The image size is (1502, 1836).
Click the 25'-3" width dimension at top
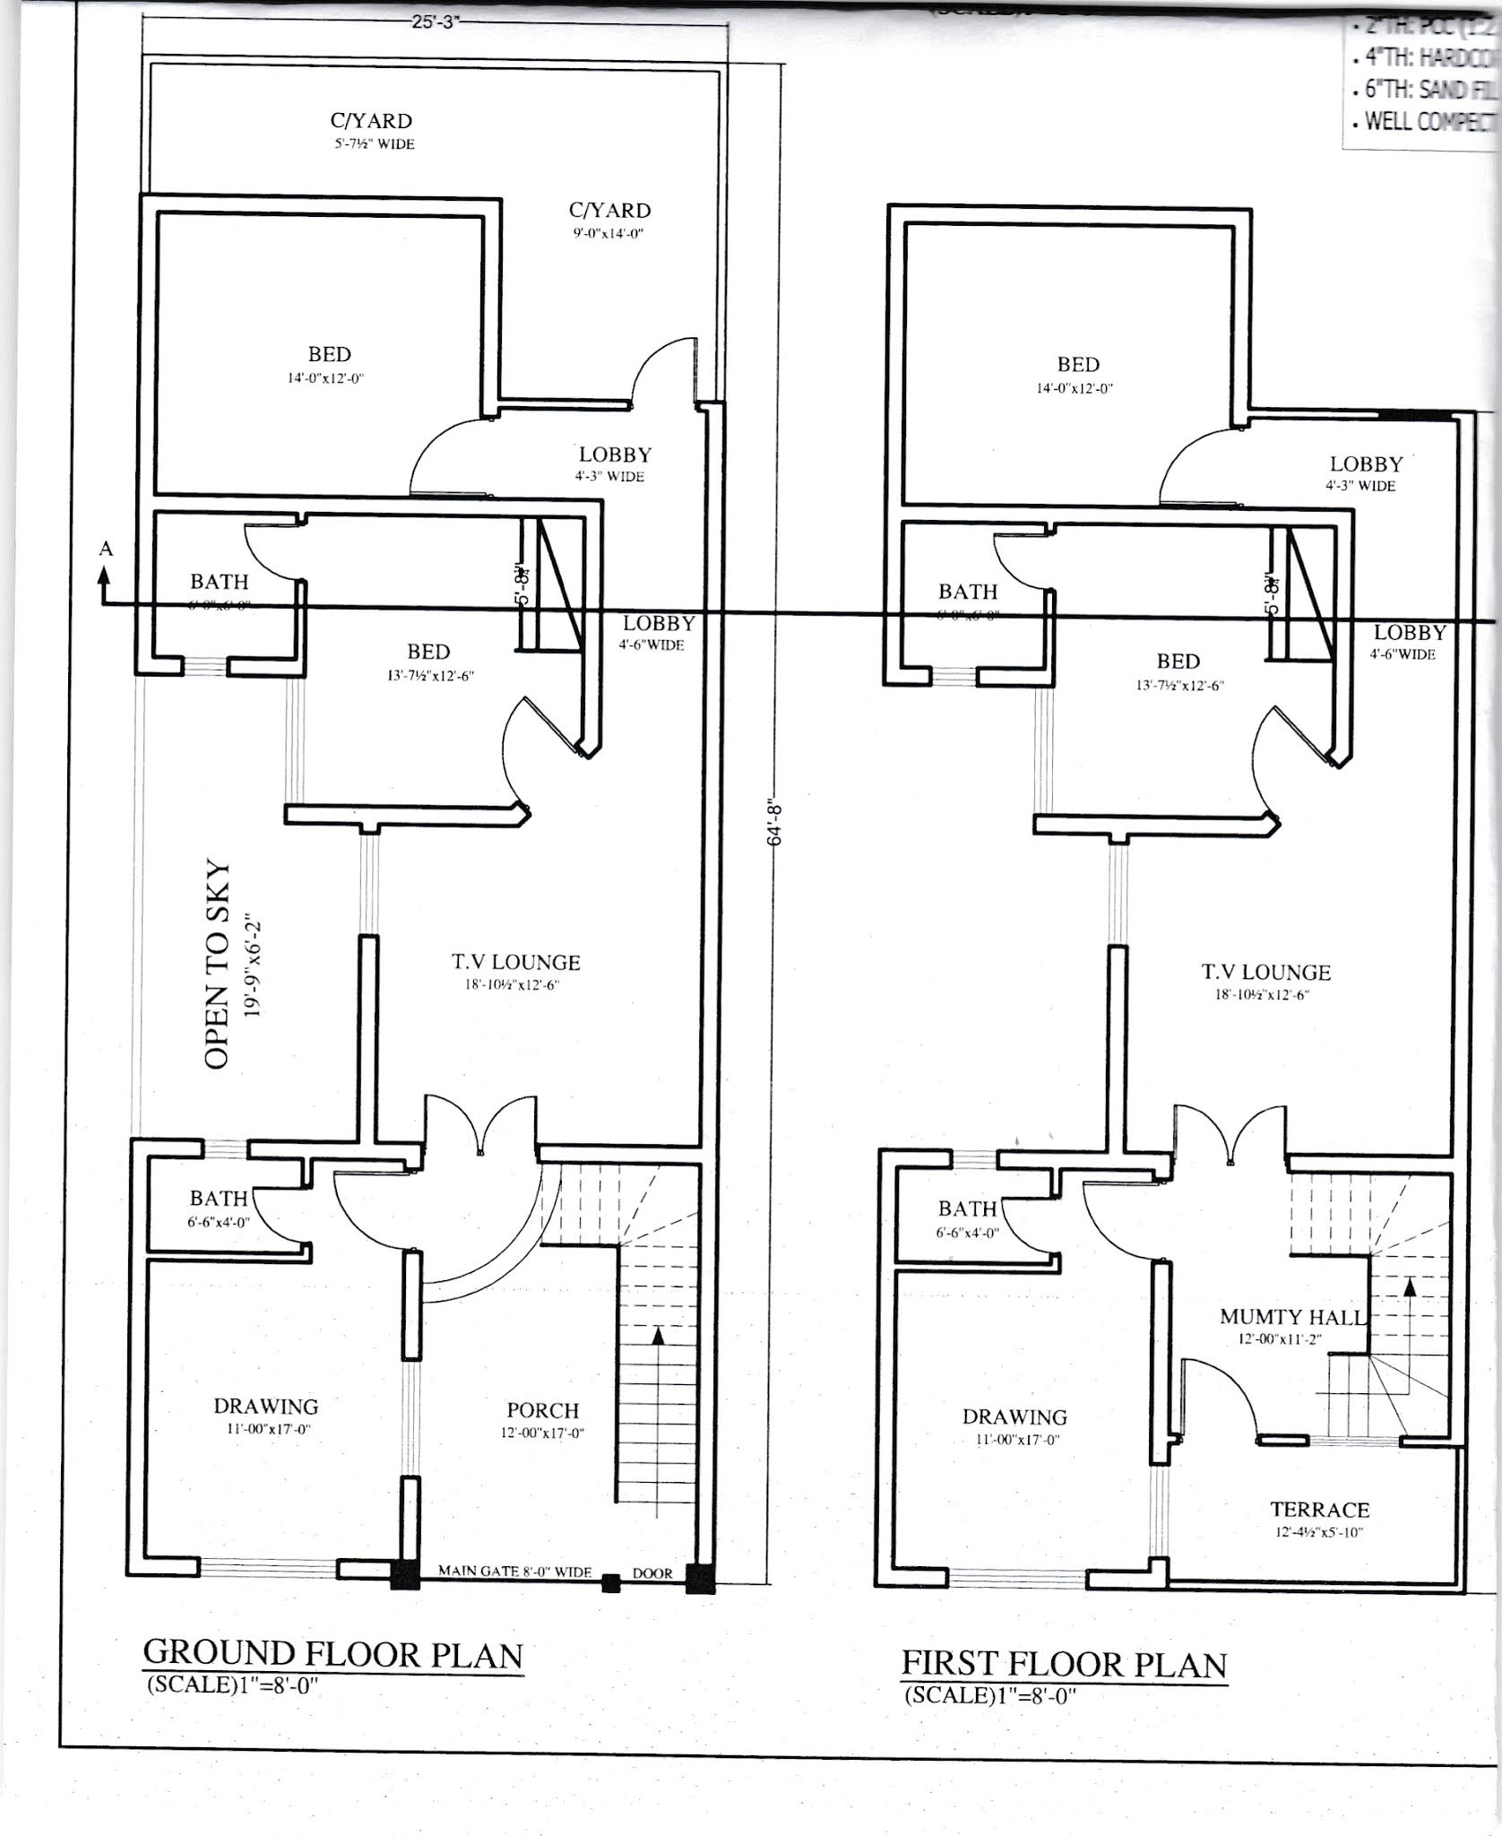(435, 22)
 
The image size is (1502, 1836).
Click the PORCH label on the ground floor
(542, 1411)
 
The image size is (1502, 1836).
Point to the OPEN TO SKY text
(218, 966)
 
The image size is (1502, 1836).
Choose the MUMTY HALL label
(1291, 1317)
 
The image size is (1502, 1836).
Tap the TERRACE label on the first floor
(1319, 1510)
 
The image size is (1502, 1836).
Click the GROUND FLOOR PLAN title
(333, 1652)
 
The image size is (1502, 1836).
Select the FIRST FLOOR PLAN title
(1064, 1663)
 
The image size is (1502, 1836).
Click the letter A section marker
(106, 550)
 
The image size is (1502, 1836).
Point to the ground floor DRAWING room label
(265, 1407)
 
